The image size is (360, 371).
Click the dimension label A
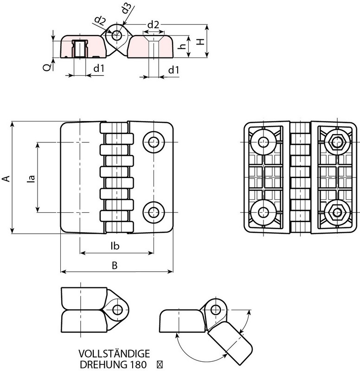tap(7, 179)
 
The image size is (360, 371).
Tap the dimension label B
tap(115, 265)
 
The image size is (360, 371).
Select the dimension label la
tap(32, 178)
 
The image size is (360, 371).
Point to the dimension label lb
tap(115, 246)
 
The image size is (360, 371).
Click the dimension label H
tap(201, 42)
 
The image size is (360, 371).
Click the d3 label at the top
tap(126, 9)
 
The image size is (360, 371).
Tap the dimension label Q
tap(47, 67)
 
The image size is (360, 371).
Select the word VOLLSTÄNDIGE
tap(114, 354)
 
